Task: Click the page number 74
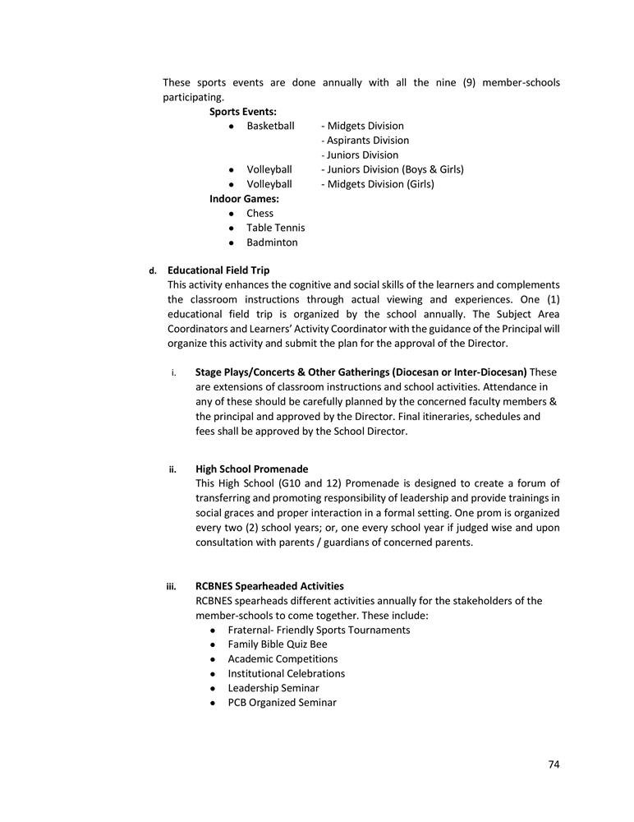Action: pyautogui.click(x=554, y=764)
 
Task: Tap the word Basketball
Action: pyautogui.click(x=270, y=126)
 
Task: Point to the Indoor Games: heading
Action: pyautogui.click(x=244, y=198)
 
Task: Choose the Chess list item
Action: pyautogui.click(x=260, y=213)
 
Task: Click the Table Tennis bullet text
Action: pyautogui.click(x=275, y=228)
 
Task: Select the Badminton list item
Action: pyautogui.click(x=272, y=242)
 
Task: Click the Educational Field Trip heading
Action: pyautogui.click(x=218, y=270)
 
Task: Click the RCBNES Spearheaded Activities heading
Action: pyautogui.click(x=269, y=586)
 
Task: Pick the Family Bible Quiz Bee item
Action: pyautogui.click(x=278, y=644)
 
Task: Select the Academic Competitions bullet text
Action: pyautogui.click(x=283, y=659)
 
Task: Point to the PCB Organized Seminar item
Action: pyautogui.click(x=282, y=703)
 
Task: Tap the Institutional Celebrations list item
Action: pyautogui.click(x=286, y=673)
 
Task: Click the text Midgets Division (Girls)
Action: pyautogui.click(x=380, y=184)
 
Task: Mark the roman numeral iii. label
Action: pyautogui.click(x=172, y=587)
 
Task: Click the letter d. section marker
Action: pyautogui.click(x=152, y=270)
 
